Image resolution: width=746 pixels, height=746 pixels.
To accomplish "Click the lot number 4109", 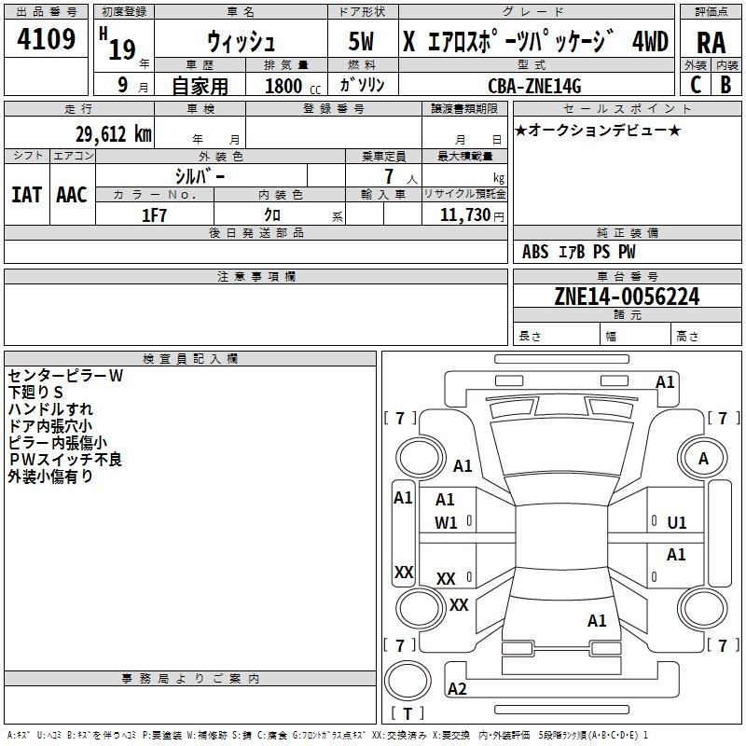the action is (x=46, y=38).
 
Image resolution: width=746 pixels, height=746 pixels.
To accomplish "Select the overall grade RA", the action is (x=711, y=43).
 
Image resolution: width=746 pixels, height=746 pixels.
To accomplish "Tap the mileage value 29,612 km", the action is (x=114, y=134).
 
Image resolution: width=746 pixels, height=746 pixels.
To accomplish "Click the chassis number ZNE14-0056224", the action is (x=627, y=296).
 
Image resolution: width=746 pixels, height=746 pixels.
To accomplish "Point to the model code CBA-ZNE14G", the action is (x=534, y=86).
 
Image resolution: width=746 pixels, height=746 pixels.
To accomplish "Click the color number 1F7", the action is (x=154, y=215).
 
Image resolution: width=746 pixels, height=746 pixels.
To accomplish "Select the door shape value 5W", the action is (x=361, y=41).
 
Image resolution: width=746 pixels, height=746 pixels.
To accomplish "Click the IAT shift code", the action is (x=26, y=195).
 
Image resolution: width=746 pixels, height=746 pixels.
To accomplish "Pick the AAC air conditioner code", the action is (x=72, y=195).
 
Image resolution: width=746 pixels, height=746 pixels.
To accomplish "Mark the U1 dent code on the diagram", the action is (x=677, y=523).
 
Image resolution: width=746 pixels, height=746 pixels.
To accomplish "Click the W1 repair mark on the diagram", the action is (x=446, y=523).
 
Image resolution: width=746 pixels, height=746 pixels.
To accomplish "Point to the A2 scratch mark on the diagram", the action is (x=457, y=689).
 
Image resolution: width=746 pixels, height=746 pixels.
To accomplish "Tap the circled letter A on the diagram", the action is (x=703, y=459).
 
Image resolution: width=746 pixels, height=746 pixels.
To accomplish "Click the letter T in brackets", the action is (x=408, y=713).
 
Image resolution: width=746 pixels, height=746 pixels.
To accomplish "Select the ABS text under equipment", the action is (x=535, y=252).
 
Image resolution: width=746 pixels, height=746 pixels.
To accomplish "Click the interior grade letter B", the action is (x=726, y=85).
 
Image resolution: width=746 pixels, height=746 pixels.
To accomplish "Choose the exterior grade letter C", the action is (x=696, y=85).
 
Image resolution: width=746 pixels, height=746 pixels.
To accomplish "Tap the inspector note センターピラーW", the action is (x=65, y=376).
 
